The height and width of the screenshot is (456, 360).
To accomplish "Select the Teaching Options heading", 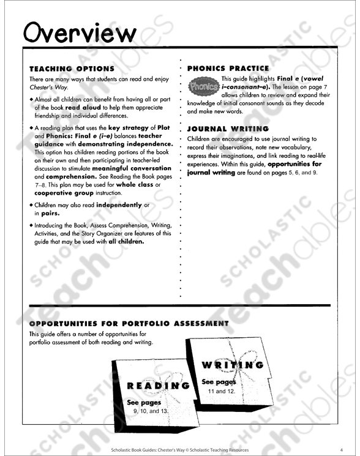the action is tap(72, 69).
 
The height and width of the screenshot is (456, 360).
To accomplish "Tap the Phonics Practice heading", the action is tap(228, 69).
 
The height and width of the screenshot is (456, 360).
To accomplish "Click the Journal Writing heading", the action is tap(228, 129).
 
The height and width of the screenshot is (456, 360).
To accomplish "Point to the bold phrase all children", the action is tap(127, 241).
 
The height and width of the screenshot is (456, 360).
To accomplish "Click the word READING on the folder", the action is tap(157, 386).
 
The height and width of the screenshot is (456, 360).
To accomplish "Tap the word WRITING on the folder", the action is tap(233, 365).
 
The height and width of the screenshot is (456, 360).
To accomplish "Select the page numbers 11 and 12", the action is tap(220, 391).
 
